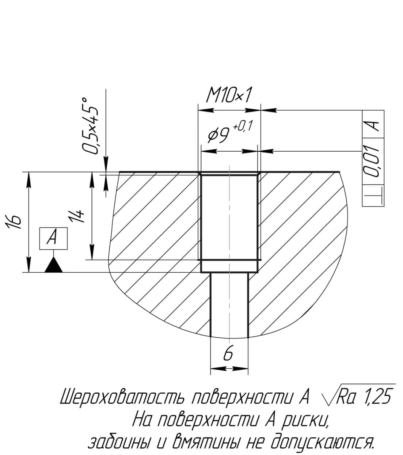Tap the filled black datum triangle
(x=54, y=265)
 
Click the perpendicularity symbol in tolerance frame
(x=373, y=196)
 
